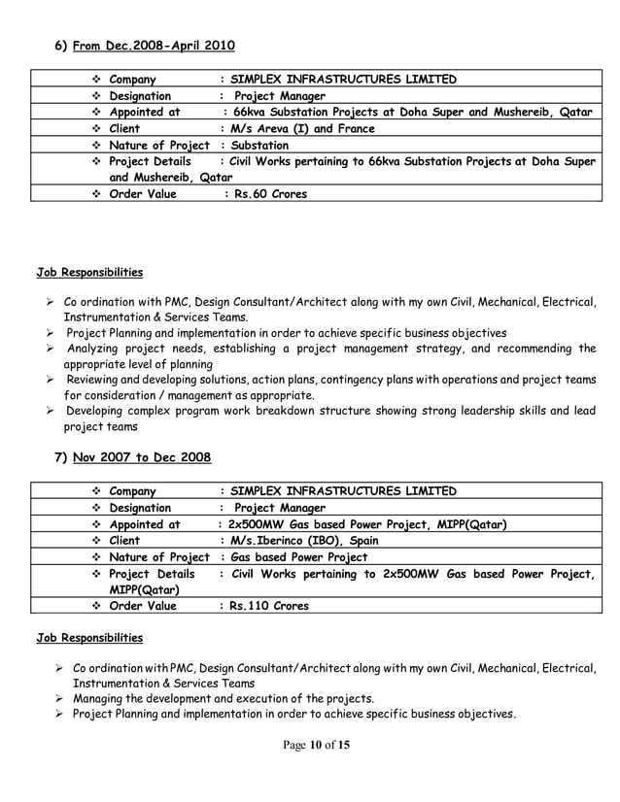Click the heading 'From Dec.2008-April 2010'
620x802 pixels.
coord(154,46)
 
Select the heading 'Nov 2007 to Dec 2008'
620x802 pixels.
coord(142,456)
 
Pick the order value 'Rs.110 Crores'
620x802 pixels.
coord(267,606)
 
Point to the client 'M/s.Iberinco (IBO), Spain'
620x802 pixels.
coord(304,540)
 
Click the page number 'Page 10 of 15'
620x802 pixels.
coord(309,773)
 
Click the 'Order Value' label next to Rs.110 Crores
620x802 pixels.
coord(143,606)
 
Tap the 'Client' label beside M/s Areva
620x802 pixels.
coord(124,128)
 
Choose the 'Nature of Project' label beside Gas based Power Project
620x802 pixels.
coord(158,556)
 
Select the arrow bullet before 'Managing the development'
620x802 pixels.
coord(60,698)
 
